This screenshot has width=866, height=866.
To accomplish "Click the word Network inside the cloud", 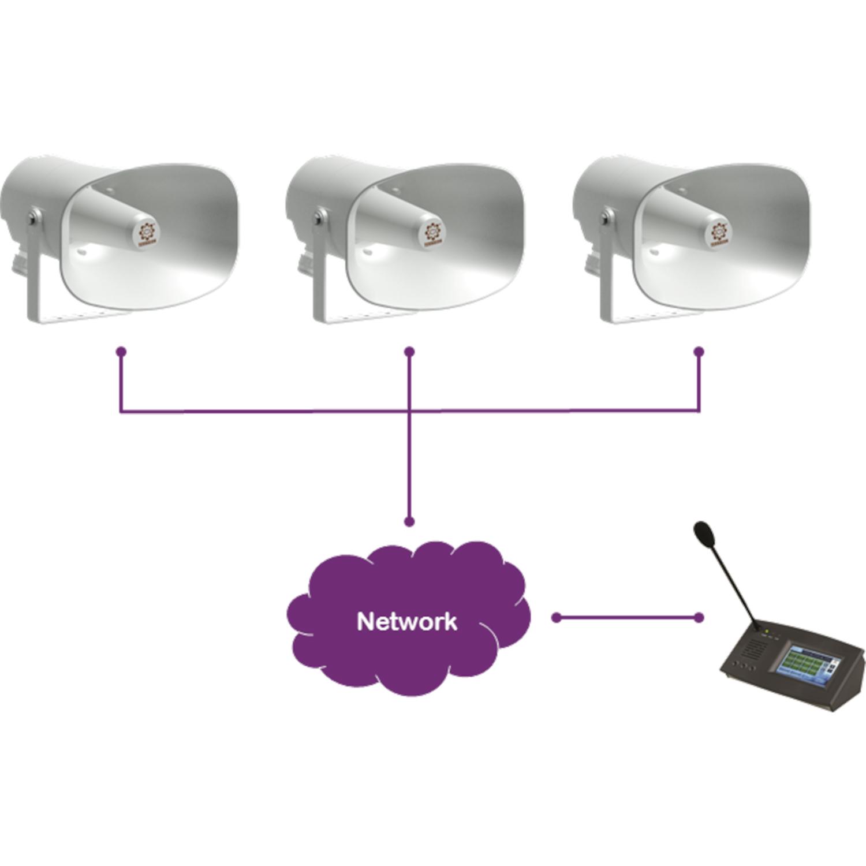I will click(x=407, y=622).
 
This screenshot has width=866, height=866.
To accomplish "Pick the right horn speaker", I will click(x=699, y=237).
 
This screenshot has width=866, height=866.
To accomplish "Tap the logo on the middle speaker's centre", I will click(x=432, y=232).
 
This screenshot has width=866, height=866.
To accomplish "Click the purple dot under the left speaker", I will click(x=121, y=351).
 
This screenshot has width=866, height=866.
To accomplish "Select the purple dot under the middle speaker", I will click(x=409, y=351).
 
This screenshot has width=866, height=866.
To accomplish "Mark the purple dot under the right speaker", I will click(x=699, y=351).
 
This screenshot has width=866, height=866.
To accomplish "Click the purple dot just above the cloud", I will click(x=409, y=522).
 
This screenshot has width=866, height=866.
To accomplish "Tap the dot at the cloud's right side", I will click(x=556, y=618).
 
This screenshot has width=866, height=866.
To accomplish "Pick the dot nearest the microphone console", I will click(x=699, y=618).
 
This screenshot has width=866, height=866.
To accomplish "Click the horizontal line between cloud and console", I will click(x=628, y=618).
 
